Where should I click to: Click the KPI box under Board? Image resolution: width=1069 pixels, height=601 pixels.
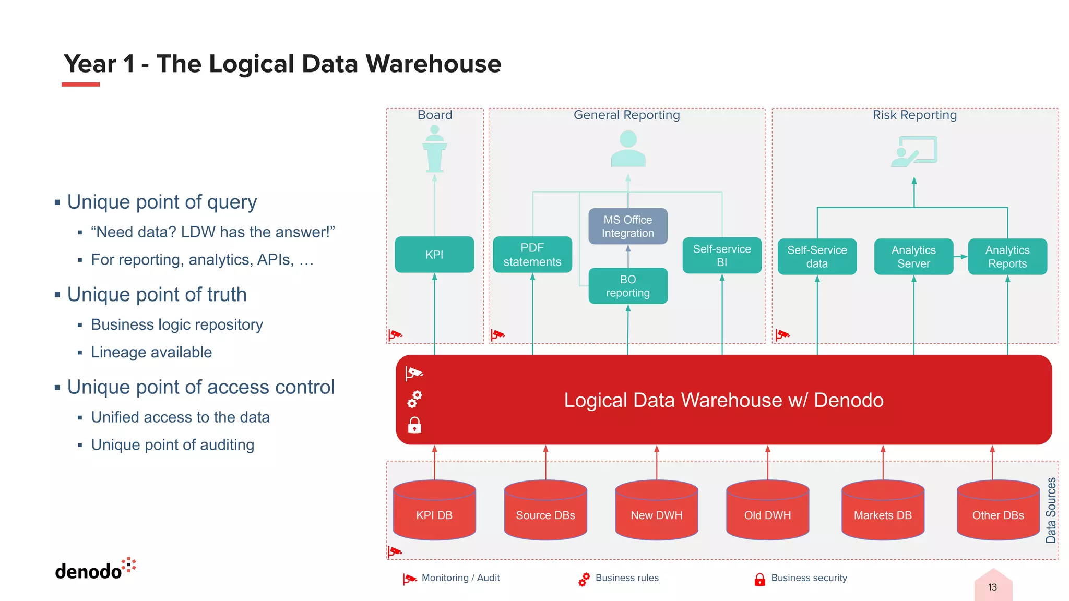click(x=434, y=255)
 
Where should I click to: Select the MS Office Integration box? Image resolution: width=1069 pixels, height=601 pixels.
click(x=628, y=226)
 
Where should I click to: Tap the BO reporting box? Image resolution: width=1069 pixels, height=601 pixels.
click(x=628, y=286)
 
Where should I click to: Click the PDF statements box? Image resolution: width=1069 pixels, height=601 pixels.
click(x=532, y=255)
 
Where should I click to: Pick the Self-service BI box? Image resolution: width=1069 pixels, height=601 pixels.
click(x=722, y=256)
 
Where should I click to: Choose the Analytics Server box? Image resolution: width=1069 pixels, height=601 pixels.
click(x=913, y=257)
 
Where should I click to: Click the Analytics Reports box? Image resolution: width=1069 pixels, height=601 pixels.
click(x=1007, y=257)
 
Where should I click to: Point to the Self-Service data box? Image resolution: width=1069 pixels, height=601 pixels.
click(x=817, y=257)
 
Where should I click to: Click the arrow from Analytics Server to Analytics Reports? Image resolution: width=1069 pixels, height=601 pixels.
click(x=961, y=257)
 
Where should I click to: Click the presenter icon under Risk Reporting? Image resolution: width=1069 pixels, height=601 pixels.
click(x=914, y=151)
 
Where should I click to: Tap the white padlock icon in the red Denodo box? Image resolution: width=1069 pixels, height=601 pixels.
click(x=414, y=425)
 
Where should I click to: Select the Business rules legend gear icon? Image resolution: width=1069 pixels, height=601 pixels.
click(x=584, y=579)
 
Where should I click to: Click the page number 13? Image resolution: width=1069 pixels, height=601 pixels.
click(x=992, y=587)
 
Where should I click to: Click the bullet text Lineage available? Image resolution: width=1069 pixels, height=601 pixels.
click(x=151, y=352)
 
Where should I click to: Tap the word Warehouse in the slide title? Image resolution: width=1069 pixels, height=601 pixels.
click(x=433, y=64)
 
